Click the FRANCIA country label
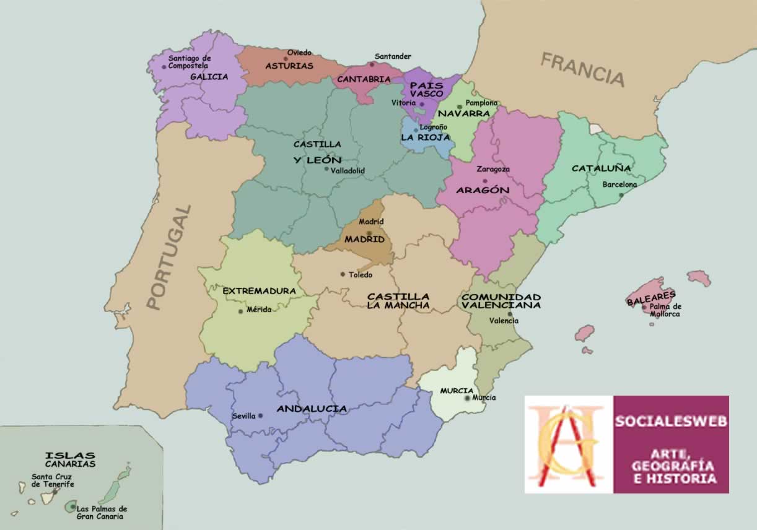582,69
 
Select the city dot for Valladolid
326,168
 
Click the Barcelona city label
619,185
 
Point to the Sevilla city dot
260,415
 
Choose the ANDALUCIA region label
312,409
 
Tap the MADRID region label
364,239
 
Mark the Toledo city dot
342,274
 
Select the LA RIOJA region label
425,137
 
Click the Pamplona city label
481,103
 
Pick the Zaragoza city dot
485,181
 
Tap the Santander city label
393,56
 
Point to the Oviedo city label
299,53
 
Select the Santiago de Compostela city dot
164,66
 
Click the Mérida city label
259,310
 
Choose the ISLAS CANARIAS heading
70,459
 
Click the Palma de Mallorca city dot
644,307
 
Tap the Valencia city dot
509,313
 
